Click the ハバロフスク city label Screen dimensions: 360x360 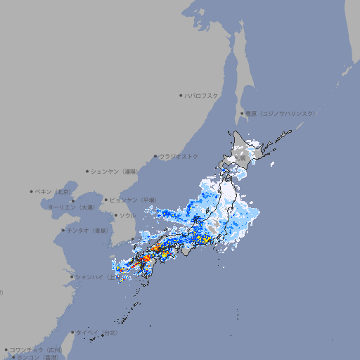click(202, 95)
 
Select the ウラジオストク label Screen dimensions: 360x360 click(179, 156)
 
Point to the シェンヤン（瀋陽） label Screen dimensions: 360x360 click(115, 171)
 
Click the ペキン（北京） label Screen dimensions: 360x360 click(54, 191)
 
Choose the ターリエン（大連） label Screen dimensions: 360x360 click(70, 207)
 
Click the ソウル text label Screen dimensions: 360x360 click(127, 215)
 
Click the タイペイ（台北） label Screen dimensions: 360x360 click(97, 333)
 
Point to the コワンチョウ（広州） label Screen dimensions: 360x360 click(35, 349)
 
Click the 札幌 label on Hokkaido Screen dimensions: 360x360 click(240, 158)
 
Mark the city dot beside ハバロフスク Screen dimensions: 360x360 click(181, 95)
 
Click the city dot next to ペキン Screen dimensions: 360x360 click(32, 191)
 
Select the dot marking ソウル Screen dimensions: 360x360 click(115, 215)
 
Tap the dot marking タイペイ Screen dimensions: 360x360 click(72, 333)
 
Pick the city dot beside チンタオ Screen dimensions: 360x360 click(62, 231)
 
